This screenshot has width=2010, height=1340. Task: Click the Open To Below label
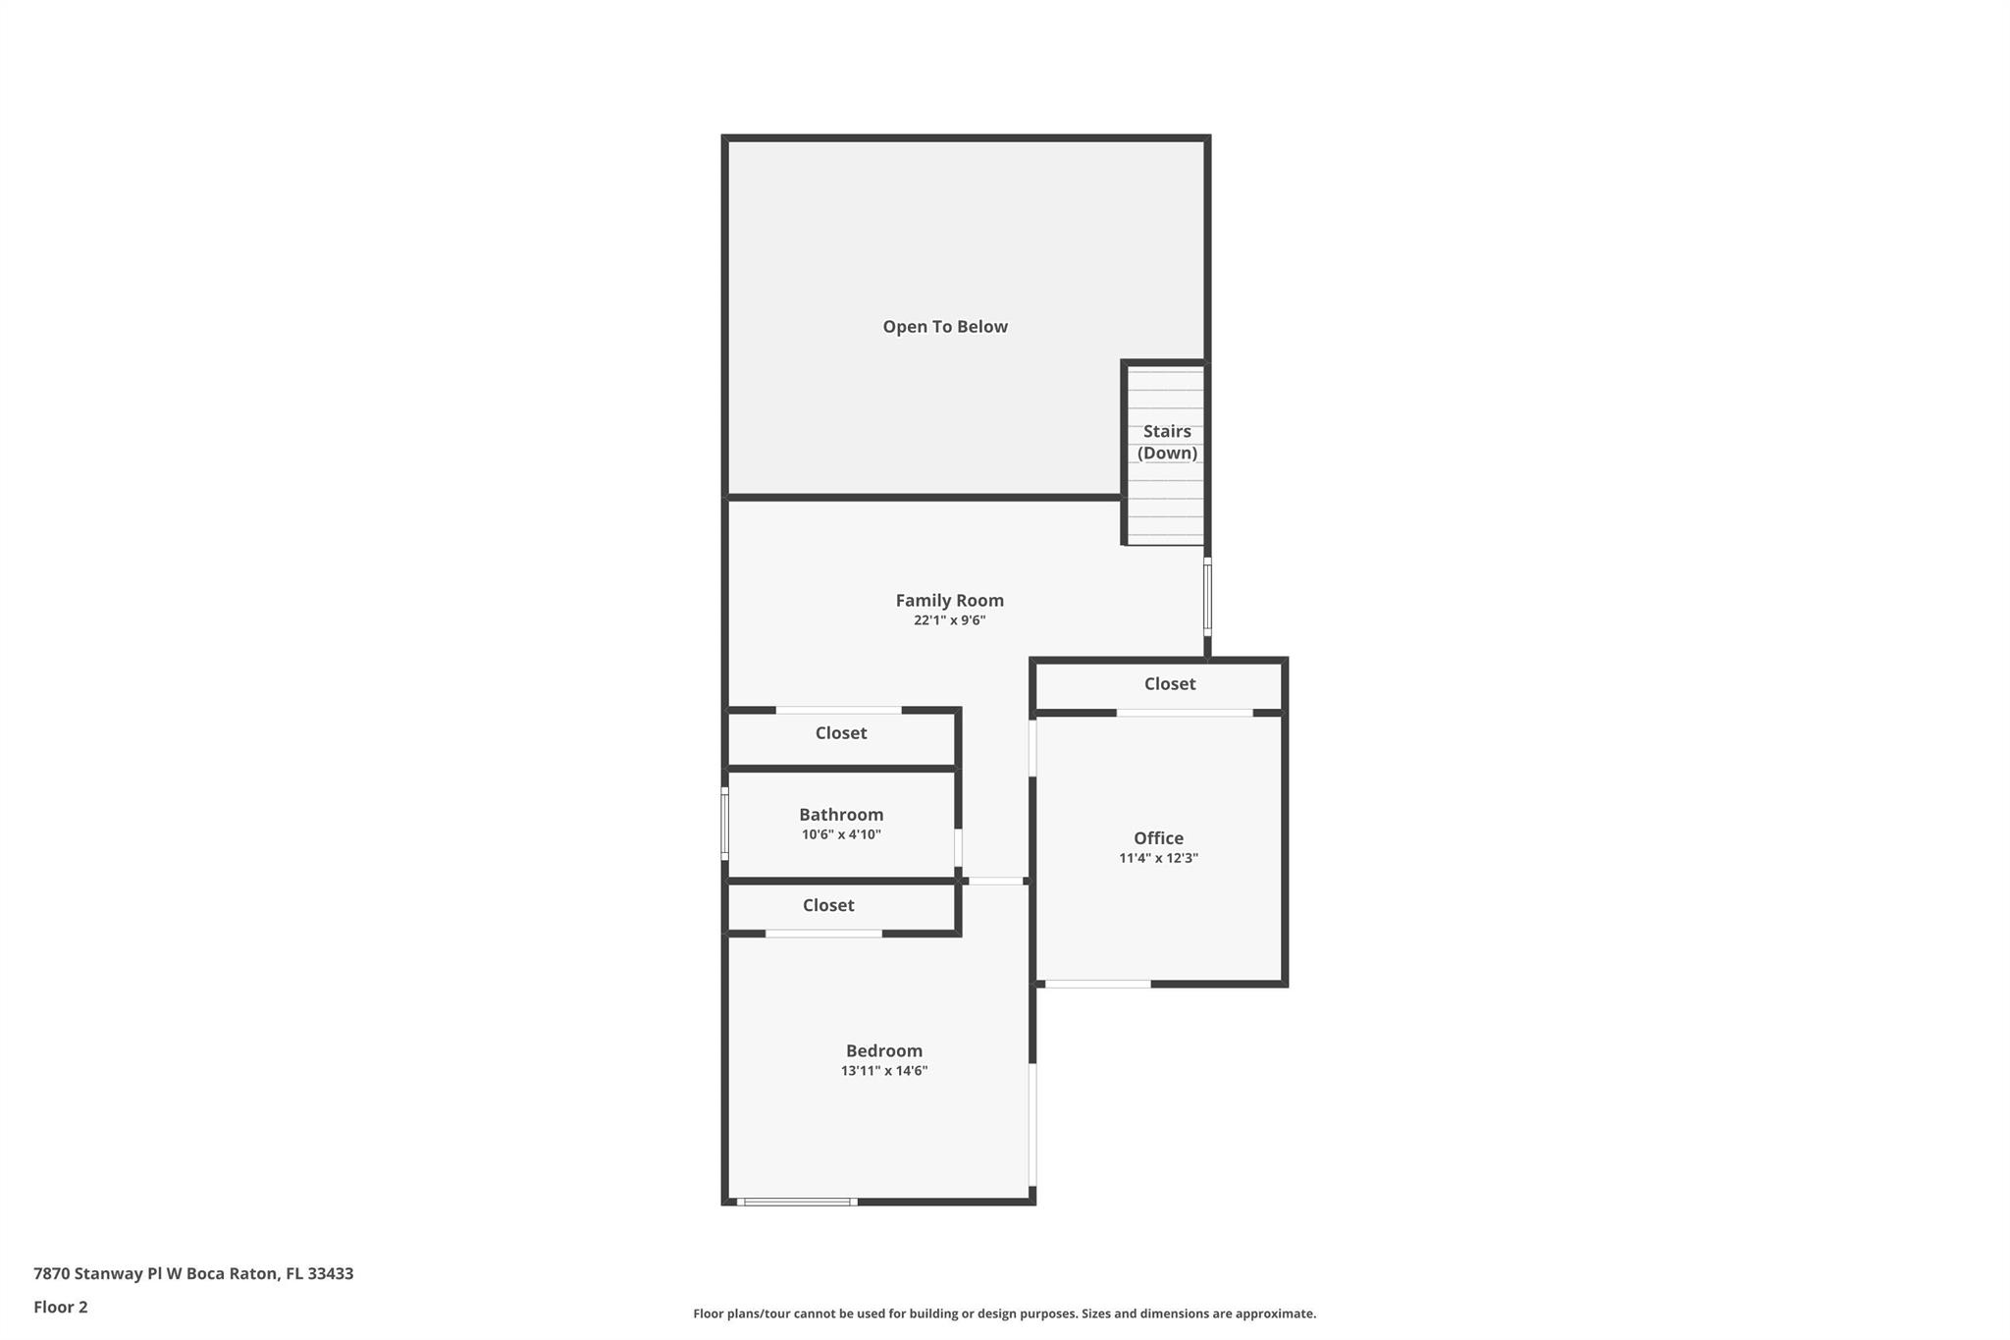(945, 327)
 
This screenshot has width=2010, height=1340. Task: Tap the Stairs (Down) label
(1167, 442)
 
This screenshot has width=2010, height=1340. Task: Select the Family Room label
(949, 600)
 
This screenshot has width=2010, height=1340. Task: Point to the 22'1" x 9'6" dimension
(949, 620)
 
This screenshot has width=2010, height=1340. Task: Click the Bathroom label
(841, 814)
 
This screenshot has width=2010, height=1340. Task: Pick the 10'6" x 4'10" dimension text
(841, 834)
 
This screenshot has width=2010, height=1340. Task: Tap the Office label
(1158, 837)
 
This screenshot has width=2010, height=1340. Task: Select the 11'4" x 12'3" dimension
(1158, 858)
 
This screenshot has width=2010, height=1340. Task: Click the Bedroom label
(884, 1050)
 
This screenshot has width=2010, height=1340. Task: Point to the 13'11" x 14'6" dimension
(884, 1071)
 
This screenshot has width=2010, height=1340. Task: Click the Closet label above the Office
(1169, 683)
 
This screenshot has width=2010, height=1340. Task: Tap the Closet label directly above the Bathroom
(841, 732)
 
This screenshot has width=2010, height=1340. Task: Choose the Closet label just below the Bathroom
(828, 905)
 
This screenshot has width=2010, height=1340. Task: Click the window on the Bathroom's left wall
(725, 824)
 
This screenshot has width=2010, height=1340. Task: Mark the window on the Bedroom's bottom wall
(797, 1202)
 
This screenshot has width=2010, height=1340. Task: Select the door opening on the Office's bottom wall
(1097, 984)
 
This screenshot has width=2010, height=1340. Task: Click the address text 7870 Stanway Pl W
(108, 1273)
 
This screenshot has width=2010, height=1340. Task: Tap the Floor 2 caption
(61, 1307)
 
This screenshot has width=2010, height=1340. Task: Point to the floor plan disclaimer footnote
(1005, 1313)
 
